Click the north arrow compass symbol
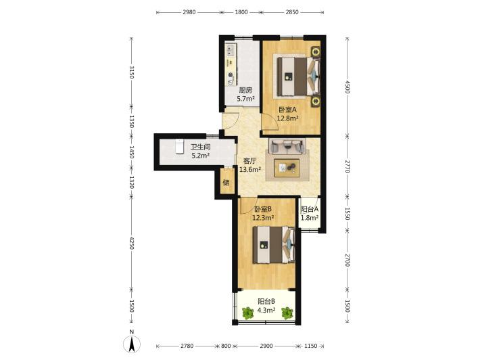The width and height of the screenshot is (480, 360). coord(132,344)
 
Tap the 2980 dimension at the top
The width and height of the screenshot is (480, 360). coord(189,12)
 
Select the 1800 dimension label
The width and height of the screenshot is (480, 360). coord(241,12)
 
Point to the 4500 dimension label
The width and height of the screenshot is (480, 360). coord(347,87)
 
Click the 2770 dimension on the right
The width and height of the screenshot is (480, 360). coord(347,166)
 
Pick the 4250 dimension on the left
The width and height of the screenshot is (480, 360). coord(131,243)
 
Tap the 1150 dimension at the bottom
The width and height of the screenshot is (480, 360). coord(311,346)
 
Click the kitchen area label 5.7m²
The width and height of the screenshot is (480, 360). coord(246,99)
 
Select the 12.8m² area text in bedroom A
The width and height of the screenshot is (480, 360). coord(288,118)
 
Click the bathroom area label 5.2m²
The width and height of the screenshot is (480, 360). coord(201,156)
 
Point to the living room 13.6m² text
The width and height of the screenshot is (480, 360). coord(250,169)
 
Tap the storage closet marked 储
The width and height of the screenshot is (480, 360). coord(226,183)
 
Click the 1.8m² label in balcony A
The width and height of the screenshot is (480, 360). coord(310,217)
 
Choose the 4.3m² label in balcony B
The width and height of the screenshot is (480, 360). coord(266,310)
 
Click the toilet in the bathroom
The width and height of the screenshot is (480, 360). coord(178,146)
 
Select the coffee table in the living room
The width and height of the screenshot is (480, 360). coord(287,168)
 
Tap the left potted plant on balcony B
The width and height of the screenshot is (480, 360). coord(247,313)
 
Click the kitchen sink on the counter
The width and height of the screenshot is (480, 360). coord(231,50)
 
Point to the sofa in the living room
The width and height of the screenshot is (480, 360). coord(287,146)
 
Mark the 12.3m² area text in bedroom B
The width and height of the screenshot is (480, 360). coord(263,218)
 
